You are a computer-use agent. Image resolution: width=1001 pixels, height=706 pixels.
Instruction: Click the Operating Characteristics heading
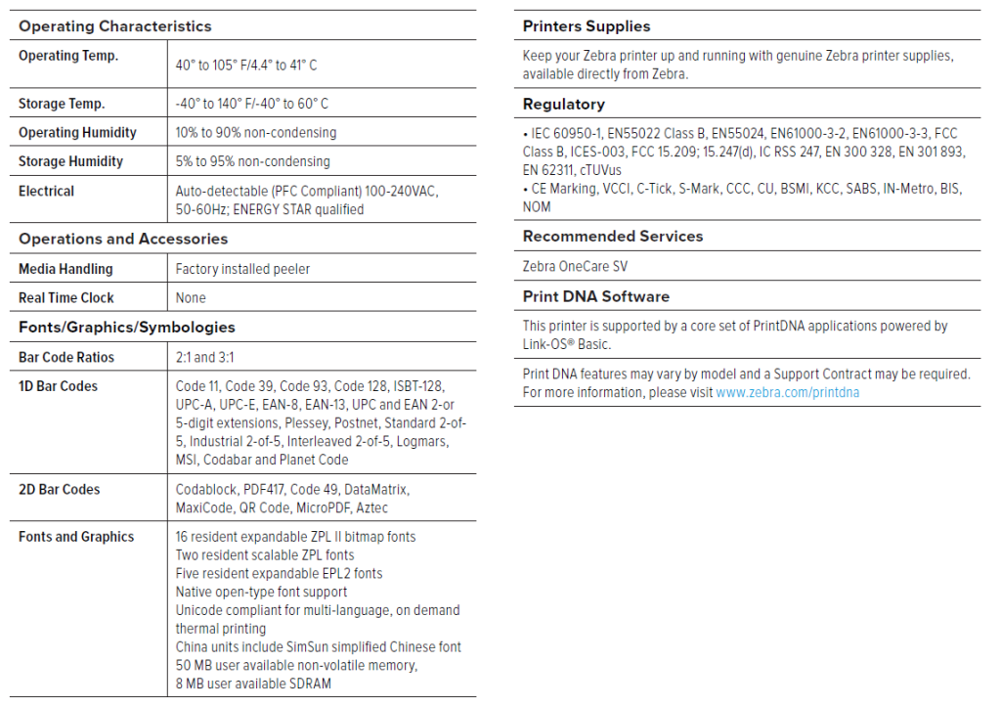point(114,26)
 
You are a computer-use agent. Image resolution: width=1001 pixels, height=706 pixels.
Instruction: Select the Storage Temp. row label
point(62,104)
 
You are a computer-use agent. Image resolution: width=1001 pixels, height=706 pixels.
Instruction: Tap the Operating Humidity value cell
point(256,133)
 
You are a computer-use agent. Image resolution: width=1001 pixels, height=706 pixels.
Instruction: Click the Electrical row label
point(46,191)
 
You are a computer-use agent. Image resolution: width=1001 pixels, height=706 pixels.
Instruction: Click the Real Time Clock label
point(65,297)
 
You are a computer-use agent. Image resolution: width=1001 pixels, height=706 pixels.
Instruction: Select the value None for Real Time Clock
point(191,297)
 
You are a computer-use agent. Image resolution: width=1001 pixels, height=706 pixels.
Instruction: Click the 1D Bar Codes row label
point(58,386)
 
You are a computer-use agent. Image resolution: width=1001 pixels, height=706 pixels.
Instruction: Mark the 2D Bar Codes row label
point(59,489)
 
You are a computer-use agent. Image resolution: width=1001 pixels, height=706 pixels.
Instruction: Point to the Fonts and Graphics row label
point(76,537)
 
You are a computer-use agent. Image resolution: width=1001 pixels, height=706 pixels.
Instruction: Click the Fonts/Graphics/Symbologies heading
point(127,328)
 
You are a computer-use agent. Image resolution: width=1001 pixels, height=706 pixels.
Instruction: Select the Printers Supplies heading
point(587,26)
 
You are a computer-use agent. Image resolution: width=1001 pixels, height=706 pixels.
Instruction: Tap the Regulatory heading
point(564,105)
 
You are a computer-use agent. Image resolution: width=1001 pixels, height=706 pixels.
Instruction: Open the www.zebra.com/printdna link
point(788,393)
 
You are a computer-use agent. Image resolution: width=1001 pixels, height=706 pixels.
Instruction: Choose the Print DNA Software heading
point(596,296)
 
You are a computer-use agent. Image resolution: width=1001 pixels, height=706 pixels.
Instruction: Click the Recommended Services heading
point(613,237)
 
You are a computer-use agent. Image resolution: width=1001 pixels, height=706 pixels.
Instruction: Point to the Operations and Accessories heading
point(123,240)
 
